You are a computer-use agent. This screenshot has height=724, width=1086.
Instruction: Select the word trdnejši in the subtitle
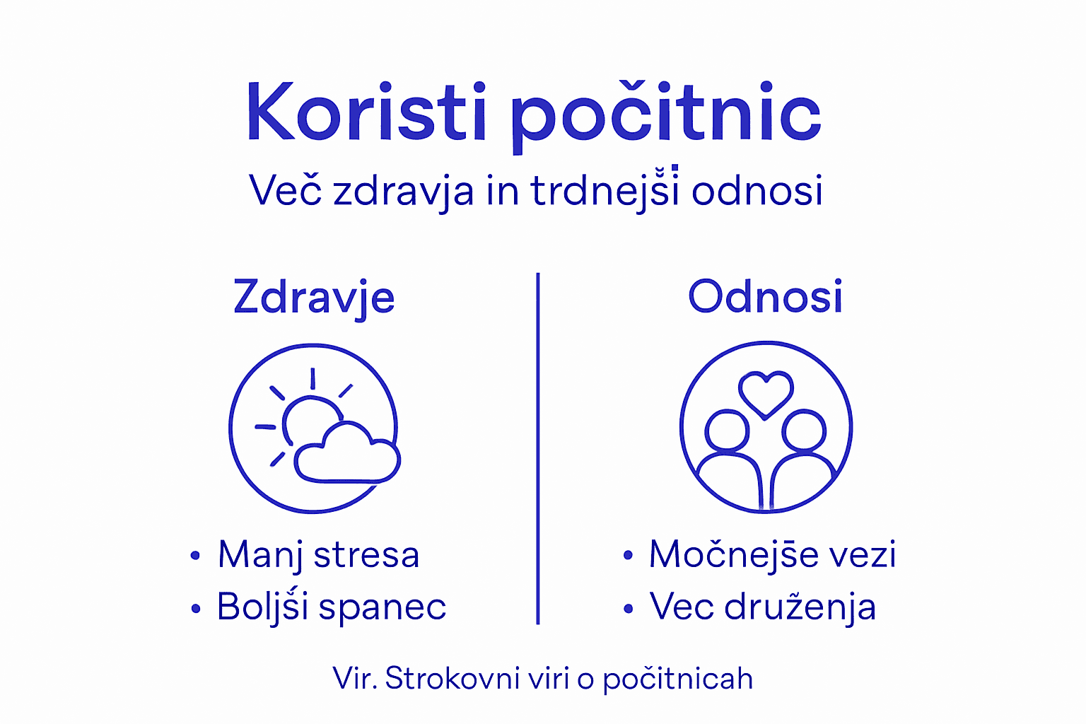(605, 190)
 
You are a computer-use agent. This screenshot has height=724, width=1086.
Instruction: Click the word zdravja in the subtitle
(403, 192)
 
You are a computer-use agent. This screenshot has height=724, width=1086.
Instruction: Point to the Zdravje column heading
(314, 298)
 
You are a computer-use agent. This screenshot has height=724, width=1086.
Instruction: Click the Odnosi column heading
(765, 296)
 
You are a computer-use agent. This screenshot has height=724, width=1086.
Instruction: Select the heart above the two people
(766, 392)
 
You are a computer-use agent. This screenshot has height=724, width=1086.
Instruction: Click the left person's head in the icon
(727, 429)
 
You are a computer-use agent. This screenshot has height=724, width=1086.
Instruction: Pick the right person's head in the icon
(805, 429)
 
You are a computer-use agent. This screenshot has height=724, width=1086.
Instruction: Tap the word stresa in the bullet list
(366, 555)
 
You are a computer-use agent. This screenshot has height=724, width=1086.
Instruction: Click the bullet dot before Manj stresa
(195, 556)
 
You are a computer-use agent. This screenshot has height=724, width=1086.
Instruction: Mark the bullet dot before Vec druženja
(628, 608)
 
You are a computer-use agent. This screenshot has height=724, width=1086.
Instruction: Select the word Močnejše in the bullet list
(732, 554)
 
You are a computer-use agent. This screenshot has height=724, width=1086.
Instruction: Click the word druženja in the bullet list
(800, 607)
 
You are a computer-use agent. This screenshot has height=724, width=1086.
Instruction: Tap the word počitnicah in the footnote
(678, 679)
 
